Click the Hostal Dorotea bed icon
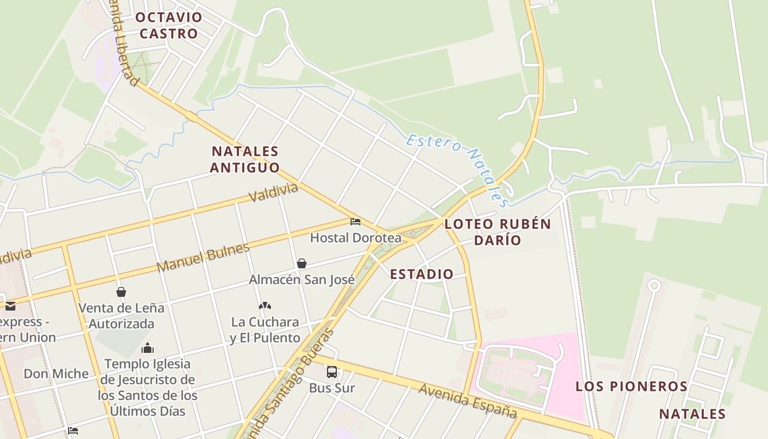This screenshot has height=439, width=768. pyautogui.click(x=355, y=222)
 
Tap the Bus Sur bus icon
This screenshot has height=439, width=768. pyautogui.click(x=332, y=372)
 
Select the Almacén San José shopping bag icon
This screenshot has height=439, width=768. pyautogui.click(x=301, y=264)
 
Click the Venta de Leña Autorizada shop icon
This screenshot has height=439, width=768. pyautogui.click(x=121, y=292)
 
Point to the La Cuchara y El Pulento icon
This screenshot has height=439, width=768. pyautogui.click(x=265, y=306)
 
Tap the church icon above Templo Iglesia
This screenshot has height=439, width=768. pyautogui.click(x=147, y=348)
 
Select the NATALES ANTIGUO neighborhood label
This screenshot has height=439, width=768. pyautogui.click(x=245, y=159)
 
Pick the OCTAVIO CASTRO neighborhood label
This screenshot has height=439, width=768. pyautogui.click(x=169, y=25)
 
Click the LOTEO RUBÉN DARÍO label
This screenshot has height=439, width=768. pyautogui.click(x=498, y=232)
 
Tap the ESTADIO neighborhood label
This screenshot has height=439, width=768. pyautogui.click(x=422, y=274)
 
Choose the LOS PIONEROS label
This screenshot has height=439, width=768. pyautogui.click(x=631, y=386)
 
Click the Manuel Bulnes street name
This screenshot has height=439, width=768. pyautogui.click(x=203, y=257)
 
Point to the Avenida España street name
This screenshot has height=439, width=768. pyautogui.click(x=468, y=401)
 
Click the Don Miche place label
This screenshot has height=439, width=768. pyautogui.click(x=56, y=374)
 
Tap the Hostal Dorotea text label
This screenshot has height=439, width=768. pyautogui.click(x=355, y=238)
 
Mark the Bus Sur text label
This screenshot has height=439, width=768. pyautogui.click(x=332, y=388)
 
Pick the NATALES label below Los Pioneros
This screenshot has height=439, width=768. pyautogui.click(x=692, y=414)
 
